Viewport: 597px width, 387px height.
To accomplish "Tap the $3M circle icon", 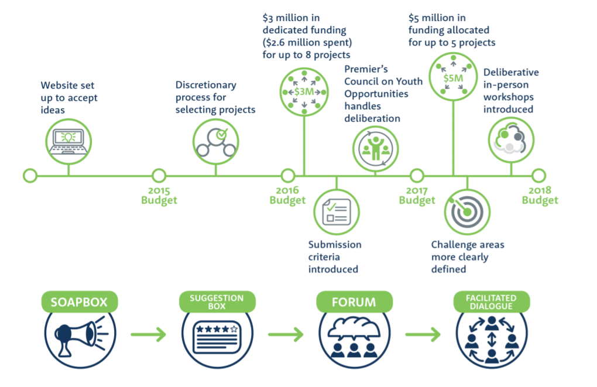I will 303,92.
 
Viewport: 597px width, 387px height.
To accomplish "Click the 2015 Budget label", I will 159,196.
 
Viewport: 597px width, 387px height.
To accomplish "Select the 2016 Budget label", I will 287,196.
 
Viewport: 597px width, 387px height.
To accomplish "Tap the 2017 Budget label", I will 417,196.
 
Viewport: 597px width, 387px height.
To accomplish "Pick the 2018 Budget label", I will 540,196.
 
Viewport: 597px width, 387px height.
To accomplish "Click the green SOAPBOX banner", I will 79,303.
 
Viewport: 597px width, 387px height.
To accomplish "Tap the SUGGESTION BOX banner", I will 216,303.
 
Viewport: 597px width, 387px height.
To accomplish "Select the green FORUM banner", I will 354,303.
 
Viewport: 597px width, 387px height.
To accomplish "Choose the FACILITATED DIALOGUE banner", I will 492,303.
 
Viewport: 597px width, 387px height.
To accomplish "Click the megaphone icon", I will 79,335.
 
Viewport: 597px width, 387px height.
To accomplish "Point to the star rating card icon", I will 217,335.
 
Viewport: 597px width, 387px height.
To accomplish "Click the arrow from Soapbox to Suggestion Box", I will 148,335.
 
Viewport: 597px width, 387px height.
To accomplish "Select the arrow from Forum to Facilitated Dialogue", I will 423,335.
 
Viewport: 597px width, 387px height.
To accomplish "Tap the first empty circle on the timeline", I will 30,175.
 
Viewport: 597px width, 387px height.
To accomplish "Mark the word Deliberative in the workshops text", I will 511,73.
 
